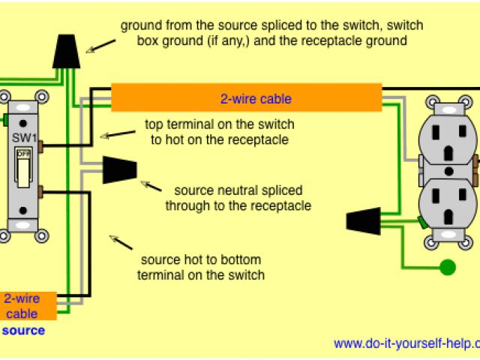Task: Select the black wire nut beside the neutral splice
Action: pos(119,169)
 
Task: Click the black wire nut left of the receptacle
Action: pos(362,220)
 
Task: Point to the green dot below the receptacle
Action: pos(448,266)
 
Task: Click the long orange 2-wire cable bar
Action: pos(246,98)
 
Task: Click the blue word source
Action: pos(23,330)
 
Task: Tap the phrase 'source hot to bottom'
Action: pos(201,259)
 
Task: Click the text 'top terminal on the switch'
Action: pos(219,124)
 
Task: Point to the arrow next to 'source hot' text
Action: pos(121,244)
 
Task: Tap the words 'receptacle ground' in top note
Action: pos(359,41)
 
